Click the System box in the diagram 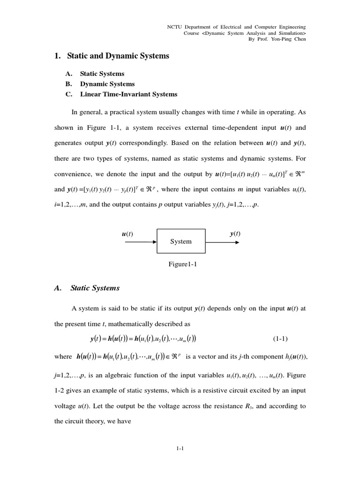[x=181, y=241]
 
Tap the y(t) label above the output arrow [x=235, y=234]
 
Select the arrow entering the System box [x=141, y=242]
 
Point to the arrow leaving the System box [x=223, y=242]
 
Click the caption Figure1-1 [x=183, y=264]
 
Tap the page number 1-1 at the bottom [x=180, y=449]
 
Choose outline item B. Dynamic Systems [x=107, y=84]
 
